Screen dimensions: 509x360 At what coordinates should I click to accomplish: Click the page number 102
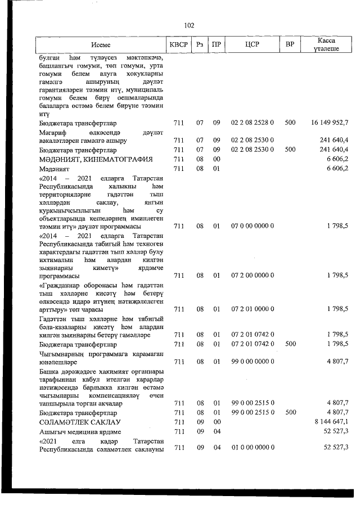pyautogui.click(x=189, y=25)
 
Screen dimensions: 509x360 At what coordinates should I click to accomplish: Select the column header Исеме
pyautogui.click(x=102, y=44)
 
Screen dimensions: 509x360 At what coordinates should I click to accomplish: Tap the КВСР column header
pyautogui.click(x=178, y=44)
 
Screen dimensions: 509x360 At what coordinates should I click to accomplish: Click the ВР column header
pyautogui.click(x=290, y=44)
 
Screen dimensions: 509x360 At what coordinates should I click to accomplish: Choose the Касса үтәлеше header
pyautogui.click(x=326, y=44)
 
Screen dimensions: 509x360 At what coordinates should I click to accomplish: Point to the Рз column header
pyautogui.click(x=200, y=44)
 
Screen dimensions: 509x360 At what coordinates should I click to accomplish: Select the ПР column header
pyautogui.click(x=216, y=44)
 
